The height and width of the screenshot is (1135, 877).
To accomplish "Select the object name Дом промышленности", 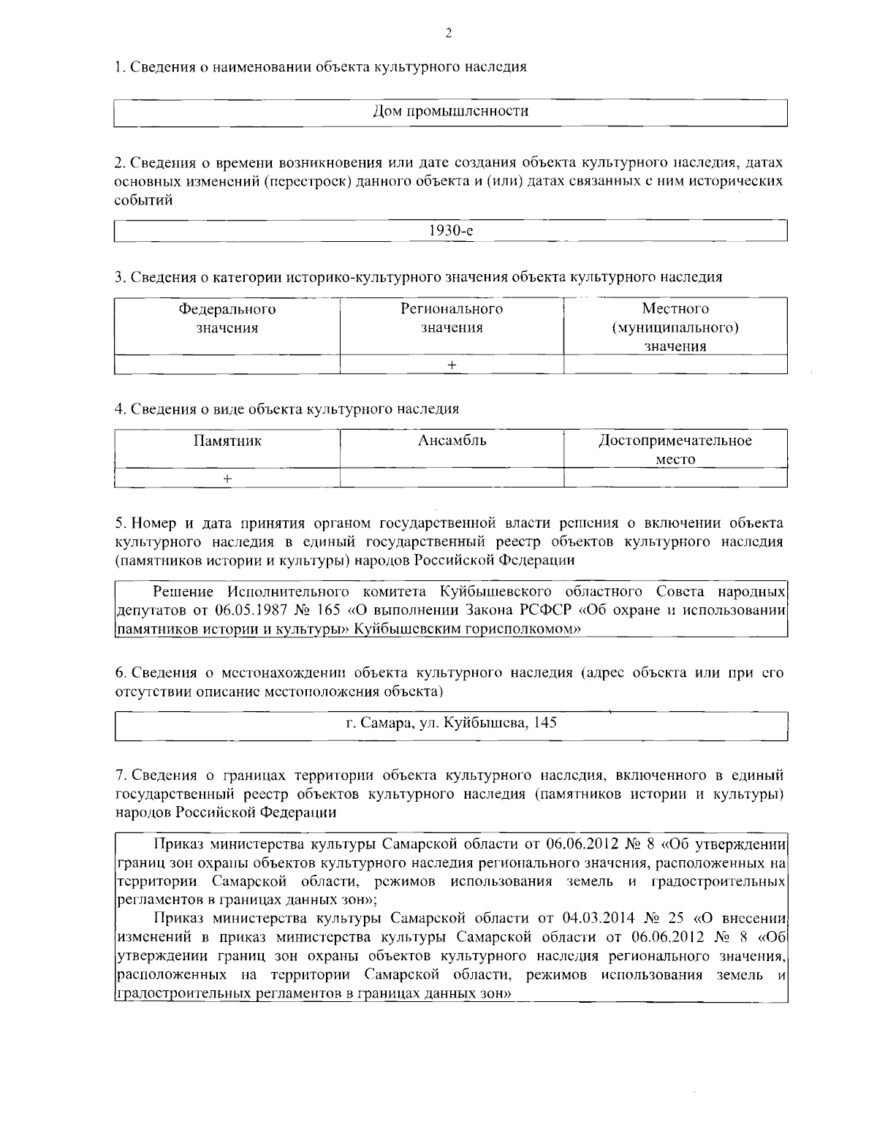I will tap(450, 111).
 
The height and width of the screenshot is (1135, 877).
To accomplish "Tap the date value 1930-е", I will tap(450, 230).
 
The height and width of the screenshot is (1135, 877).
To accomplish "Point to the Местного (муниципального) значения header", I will tap(675, 327).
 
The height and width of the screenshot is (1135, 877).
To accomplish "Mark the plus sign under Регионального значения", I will tap(452, 365).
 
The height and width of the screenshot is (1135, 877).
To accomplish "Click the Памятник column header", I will tap(227, 441).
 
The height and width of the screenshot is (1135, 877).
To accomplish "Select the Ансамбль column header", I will tap(452, 441).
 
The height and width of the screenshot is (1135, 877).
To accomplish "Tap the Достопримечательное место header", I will tap(675, 449).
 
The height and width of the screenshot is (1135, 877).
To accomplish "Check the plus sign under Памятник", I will tap(227, 478).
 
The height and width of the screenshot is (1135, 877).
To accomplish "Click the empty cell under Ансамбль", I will tap(452, 478).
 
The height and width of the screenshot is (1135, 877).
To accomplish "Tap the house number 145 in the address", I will tap(545, 723).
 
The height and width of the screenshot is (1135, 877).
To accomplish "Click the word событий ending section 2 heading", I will tap(144, 200).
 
